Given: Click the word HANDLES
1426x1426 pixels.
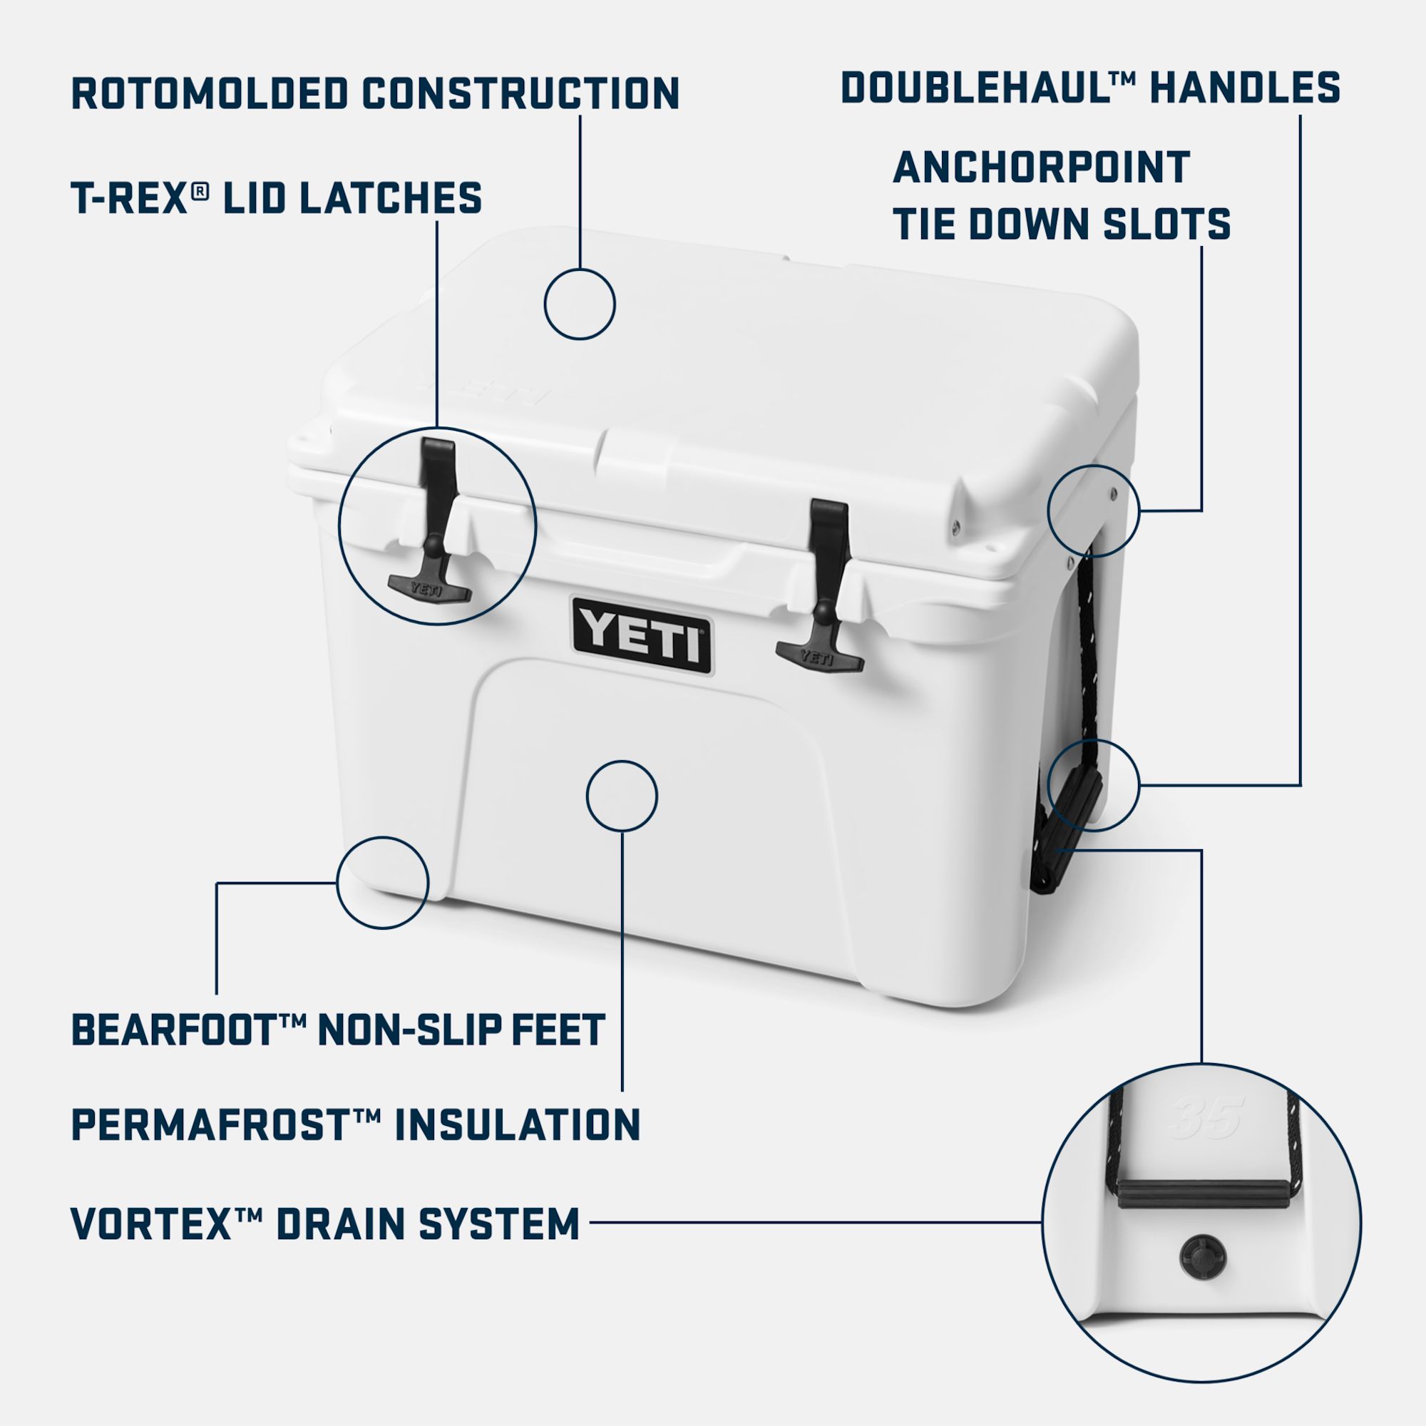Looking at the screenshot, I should pyautogui.click(x=1244, y=88).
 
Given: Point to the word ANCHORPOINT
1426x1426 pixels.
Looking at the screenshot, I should pyautogui.click(x=1041, y=168).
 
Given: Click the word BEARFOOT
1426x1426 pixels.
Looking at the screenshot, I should pyautogui.click(x=173, y=1030).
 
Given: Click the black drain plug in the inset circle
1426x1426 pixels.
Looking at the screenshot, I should pyautogui.click(x=1202, y=1254).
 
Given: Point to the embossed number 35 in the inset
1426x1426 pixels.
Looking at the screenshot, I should pyautogui.click(x=1208, y=1117).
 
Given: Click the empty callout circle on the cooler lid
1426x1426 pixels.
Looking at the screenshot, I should pyautogui.click(x=580, y=304).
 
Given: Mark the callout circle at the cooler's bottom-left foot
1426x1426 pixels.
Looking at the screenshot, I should pyautogui.click(x=382, y=883).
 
